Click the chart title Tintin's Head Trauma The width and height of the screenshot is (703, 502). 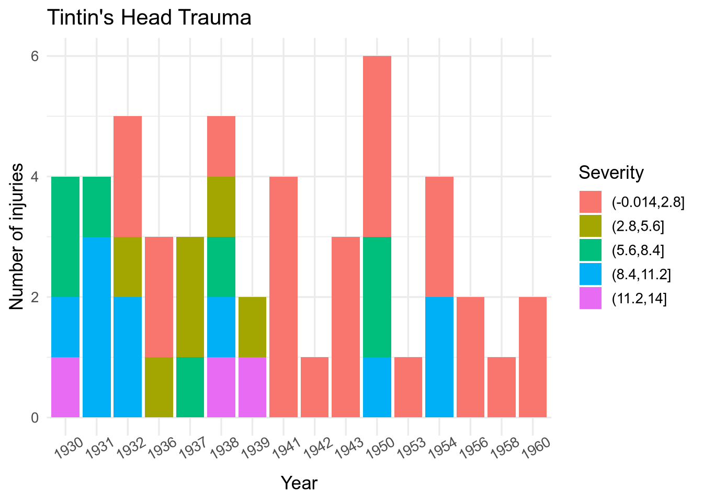(x=149, y=18)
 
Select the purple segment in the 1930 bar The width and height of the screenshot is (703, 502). (x=65, y=387)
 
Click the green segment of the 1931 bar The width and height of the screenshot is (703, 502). (x=97, y=207)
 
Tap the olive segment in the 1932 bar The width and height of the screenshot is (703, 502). (x=128, y=267)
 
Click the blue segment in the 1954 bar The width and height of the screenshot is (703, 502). (x=439, y=357)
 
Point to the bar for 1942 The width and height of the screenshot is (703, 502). (x=315, y=387)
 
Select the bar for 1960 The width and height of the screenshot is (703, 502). (x=533, y=357)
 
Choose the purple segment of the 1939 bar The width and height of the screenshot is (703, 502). (x=252, y=387)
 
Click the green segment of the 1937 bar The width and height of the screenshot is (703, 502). (x=190, y=387)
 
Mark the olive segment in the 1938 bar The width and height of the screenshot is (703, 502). (x=221, y=207)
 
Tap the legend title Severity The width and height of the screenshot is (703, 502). (x=611, y=172)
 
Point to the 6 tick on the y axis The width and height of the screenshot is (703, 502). (x=35, y=56)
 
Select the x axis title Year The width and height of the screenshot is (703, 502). (x=299, y=483)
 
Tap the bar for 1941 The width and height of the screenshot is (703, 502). (x=284, y=296)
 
